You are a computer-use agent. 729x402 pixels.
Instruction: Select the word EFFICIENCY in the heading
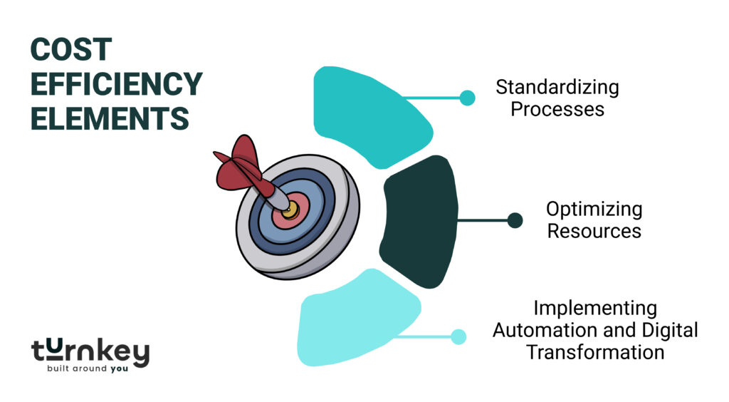(x=116, y=84)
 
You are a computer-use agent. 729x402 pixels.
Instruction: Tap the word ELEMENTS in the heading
(x=109, y=118)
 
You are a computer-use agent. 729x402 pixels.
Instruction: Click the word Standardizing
(x=557, y=88)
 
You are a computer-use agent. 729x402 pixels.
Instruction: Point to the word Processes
(x=557, y=109)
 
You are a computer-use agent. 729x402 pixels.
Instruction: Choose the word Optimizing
(x=594, y=210)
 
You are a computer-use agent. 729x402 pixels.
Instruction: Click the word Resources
(x=594, y=231)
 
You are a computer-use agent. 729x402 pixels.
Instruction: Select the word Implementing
(x=595, y=309)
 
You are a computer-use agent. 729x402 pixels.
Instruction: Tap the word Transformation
(x=595, y=352)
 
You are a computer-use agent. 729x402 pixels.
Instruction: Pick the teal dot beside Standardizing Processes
(x=467, y=98)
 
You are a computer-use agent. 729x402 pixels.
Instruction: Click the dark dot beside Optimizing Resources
(x=515, y=221)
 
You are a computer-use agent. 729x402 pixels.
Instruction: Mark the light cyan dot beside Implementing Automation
(x=458, y=336)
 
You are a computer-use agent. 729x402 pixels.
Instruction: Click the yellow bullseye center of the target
(x=289, y=210)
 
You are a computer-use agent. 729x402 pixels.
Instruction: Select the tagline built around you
(x=90, y=369)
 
